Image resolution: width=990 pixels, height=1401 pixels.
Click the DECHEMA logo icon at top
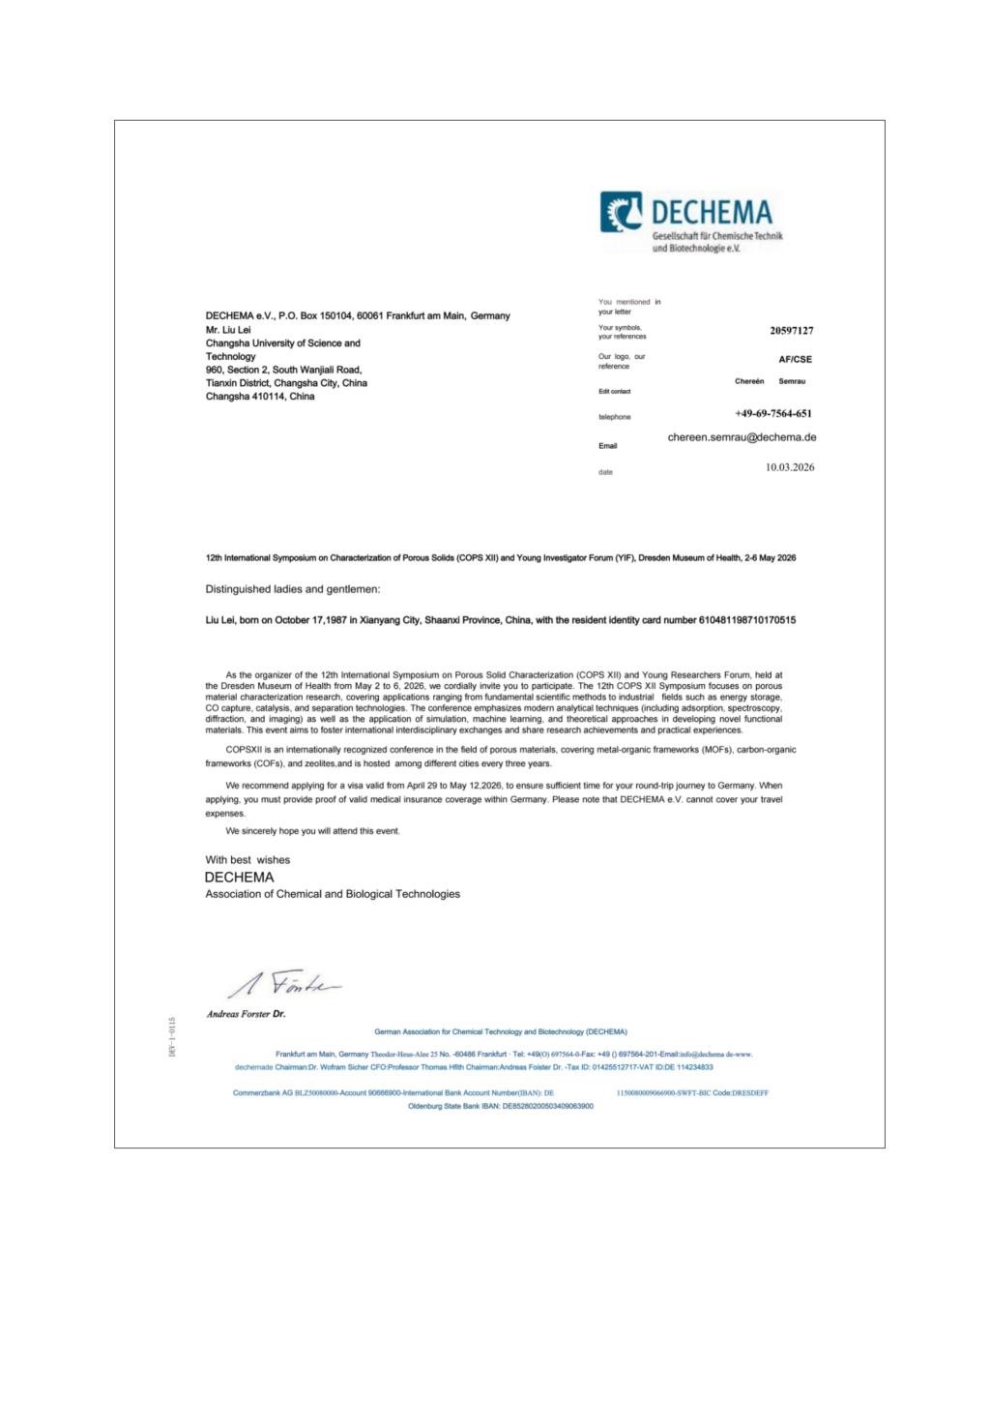pos(622,212)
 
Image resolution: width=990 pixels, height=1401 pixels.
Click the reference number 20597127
pos(791,331)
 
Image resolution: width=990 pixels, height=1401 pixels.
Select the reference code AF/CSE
pos(795,359)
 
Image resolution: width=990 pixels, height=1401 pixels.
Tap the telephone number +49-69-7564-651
pos(772,414)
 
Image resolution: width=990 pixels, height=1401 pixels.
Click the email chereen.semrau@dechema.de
pos(742,437)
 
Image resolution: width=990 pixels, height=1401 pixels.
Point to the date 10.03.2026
pos(790,467)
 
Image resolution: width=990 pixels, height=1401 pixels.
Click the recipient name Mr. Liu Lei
pos(228,330)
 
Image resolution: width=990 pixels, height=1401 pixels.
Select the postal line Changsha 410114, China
pos(260,397)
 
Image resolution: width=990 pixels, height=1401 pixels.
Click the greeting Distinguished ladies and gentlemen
pos(293,589)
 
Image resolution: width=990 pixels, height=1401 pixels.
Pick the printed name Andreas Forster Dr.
pos(246,1015)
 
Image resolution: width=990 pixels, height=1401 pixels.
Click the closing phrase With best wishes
pos(247,859)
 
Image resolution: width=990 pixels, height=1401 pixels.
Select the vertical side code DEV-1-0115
pos(172,1036)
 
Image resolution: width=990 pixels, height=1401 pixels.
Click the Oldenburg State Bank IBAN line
pos(501,1106)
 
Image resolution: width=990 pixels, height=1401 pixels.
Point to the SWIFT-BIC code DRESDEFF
pos(749,1093)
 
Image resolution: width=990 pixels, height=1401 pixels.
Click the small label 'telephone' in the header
pos(614,417)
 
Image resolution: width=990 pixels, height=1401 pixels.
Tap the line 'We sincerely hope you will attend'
pos(312,831)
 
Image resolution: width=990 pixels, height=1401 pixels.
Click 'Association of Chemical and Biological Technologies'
pos(333,894)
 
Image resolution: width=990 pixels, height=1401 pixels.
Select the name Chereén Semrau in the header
pos(770,381)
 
